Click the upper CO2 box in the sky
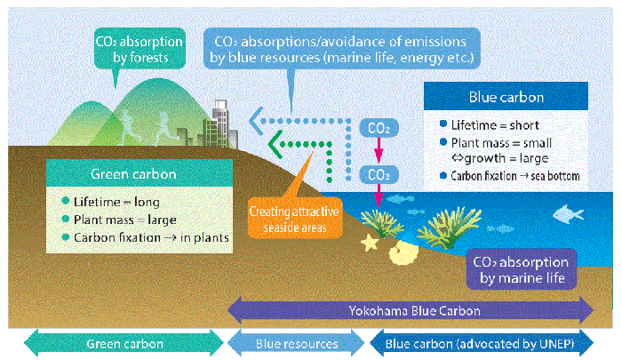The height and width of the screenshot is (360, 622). pos(377,127)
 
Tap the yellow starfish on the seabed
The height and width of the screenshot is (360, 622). pos(368,241)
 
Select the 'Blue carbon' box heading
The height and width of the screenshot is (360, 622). pos(504,97)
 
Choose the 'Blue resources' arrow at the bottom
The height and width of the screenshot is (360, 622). pos(297,342)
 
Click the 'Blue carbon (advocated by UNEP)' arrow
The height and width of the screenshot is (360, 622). pos(483,342)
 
